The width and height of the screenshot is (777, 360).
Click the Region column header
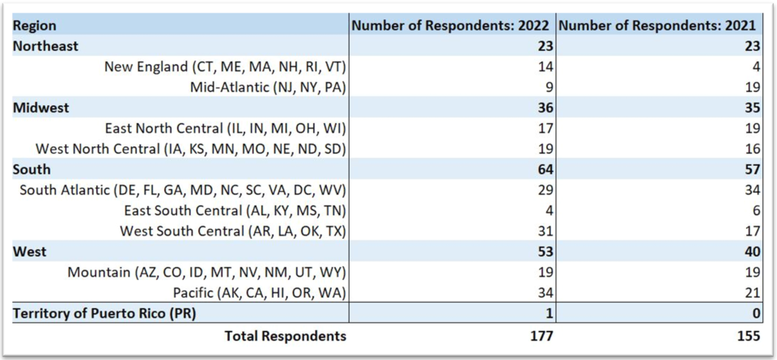(35, 26)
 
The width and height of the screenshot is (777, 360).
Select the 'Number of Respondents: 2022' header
(452, 26)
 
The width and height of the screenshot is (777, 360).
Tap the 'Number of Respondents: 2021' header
(658, 26)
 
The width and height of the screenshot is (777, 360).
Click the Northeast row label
(46, 46)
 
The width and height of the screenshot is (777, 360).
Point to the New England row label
(226, 66)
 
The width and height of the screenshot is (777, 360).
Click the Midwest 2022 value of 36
(544, 108)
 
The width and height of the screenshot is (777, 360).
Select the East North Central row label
(226, 128)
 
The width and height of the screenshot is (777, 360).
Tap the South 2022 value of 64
(544, 169)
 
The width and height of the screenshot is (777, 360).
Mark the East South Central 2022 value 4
(548, 210)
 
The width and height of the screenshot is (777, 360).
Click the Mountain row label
(207, 272)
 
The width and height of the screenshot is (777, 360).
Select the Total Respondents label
(285, 336)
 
